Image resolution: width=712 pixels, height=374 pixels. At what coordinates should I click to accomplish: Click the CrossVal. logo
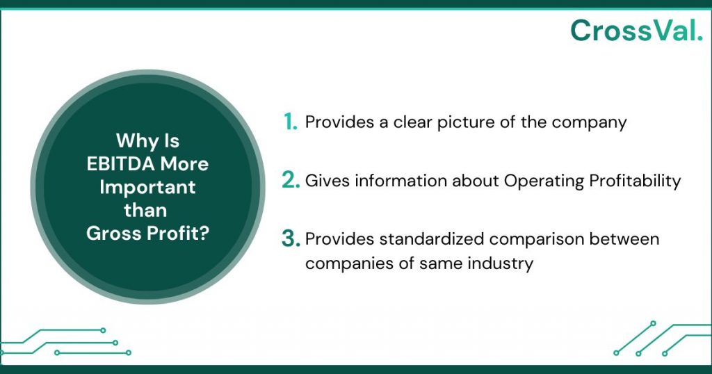click(x=636, y=30)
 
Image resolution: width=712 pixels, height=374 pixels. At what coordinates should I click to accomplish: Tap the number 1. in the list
click(x=291, y=122)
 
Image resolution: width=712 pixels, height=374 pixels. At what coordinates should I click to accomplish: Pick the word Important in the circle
click(x=147, y=187)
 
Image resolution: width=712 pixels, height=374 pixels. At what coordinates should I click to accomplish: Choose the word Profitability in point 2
click(x=633, y=181)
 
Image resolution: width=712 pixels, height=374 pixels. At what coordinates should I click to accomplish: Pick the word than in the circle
click(x=147, y=210)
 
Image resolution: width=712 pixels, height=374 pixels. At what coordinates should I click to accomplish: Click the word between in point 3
click(x=625, y=239)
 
